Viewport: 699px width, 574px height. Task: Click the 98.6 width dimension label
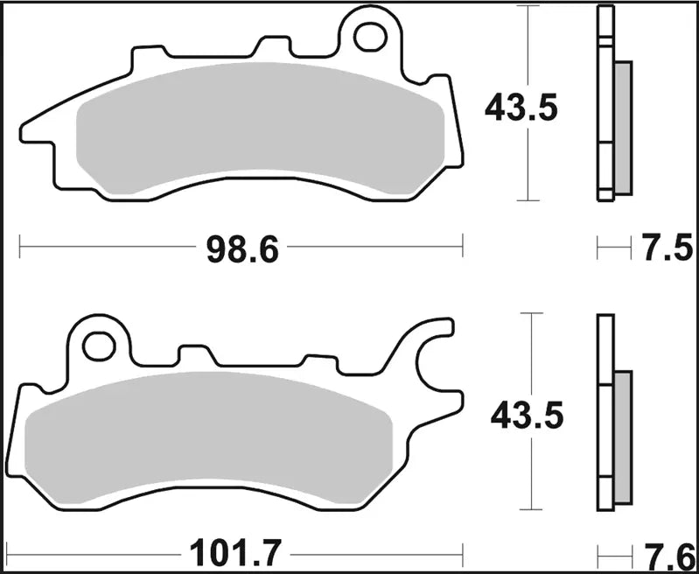coord(241,250)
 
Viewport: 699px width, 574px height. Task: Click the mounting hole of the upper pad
coord(370,36)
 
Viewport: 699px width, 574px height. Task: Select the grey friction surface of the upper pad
coord(262,127)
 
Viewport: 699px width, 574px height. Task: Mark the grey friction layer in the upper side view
coord(623,127)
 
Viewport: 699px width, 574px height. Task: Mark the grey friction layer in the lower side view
coord(622,437)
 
